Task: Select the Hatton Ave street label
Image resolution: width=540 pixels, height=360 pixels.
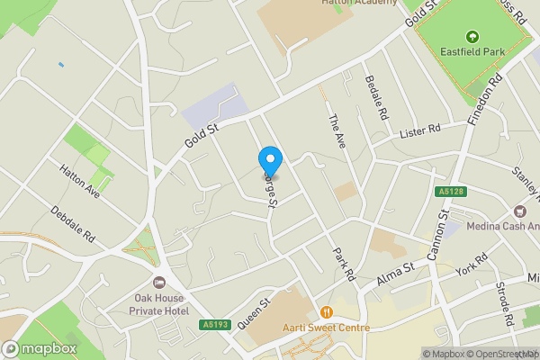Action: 80,179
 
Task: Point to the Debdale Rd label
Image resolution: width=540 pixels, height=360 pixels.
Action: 73,226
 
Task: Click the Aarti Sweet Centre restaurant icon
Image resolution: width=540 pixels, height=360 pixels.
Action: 326,311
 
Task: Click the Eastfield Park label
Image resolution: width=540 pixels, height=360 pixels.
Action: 471,53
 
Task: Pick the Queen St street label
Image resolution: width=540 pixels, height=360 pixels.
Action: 255,312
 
